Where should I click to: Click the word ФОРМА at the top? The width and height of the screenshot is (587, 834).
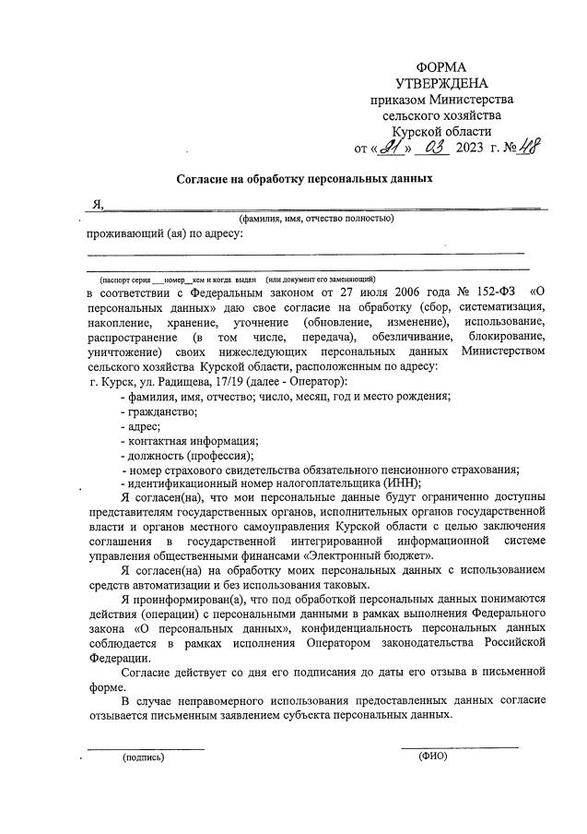point(441,67)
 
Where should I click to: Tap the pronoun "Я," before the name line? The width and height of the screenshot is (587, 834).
point(96,205)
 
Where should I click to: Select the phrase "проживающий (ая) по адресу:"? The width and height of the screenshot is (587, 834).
point(165,233)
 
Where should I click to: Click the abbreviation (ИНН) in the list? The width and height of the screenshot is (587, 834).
point(403,483)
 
